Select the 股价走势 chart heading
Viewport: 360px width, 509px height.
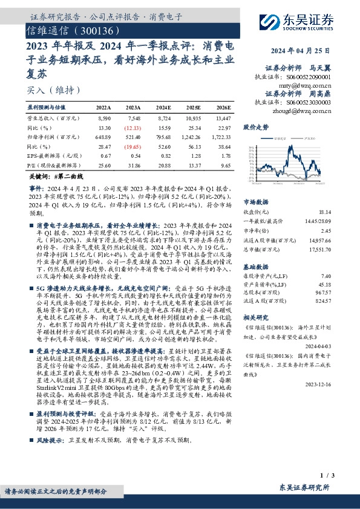click(x=255, y=128)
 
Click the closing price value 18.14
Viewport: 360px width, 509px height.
click(x=342, y=213)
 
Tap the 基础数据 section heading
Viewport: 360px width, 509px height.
click(x=255, y=266)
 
